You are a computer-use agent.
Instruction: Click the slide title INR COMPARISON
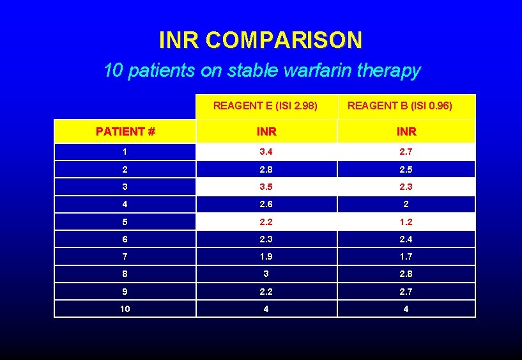[261, 40]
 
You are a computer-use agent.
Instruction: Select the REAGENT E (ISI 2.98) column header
[266, 106]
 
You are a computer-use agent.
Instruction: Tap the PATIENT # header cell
[125, 132]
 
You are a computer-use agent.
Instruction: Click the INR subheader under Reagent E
[266, 132]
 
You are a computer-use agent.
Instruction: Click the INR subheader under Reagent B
[406, 132]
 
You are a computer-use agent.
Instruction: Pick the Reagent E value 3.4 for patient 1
[266, 152]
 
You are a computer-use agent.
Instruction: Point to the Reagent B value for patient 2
[406, 169]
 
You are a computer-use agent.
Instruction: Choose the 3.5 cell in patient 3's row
[266, 187]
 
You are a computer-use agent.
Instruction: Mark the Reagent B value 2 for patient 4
[406, 205]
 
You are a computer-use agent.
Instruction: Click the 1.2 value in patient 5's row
[406, 222]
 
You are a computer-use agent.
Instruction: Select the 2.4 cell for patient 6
[406, 239]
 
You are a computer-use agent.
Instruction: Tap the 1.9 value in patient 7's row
[266, 256]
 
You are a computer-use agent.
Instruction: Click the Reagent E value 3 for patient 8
[266, 274]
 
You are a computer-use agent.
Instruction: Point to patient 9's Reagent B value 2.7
[406, 292]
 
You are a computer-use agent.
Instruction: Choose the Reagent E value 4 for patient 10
[266, 309]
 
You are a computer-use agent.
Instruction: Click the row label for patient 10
[125, 309]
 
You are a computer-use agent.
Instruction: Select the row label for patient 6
[125, 239]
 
